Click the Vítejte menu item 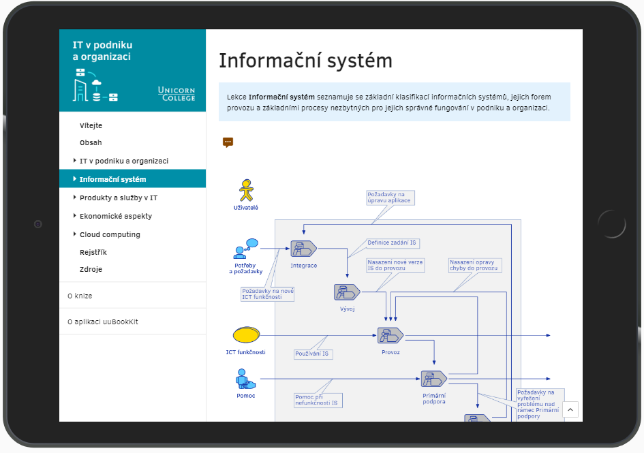pos(91,125)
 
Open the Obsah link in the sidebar pos(91,143)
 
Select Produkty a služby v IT pos(119,198)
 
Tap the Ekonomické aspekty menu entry pos(116,217)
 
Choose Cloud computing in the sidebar pos(110,234)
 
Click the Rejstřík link pos(93,252)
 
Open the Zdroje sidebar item pos(91,270)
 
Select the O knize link pos(80,296)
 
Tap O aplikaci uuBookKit pos(103,322)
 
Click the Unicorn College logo pos(177,93)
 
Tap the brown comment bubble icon pos(228,142)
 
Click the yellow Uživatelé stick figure pos(246,190)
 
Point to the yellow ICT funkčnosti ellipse pos(247,334)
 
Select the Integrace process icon pos(303,249)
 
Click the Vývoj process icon pos(347,292)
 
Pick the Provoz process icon pos(390,336)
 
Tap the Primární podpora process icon pos(434,379)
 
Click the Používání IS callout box pos(313,354)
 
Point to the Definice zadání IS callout pos(393,243)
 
